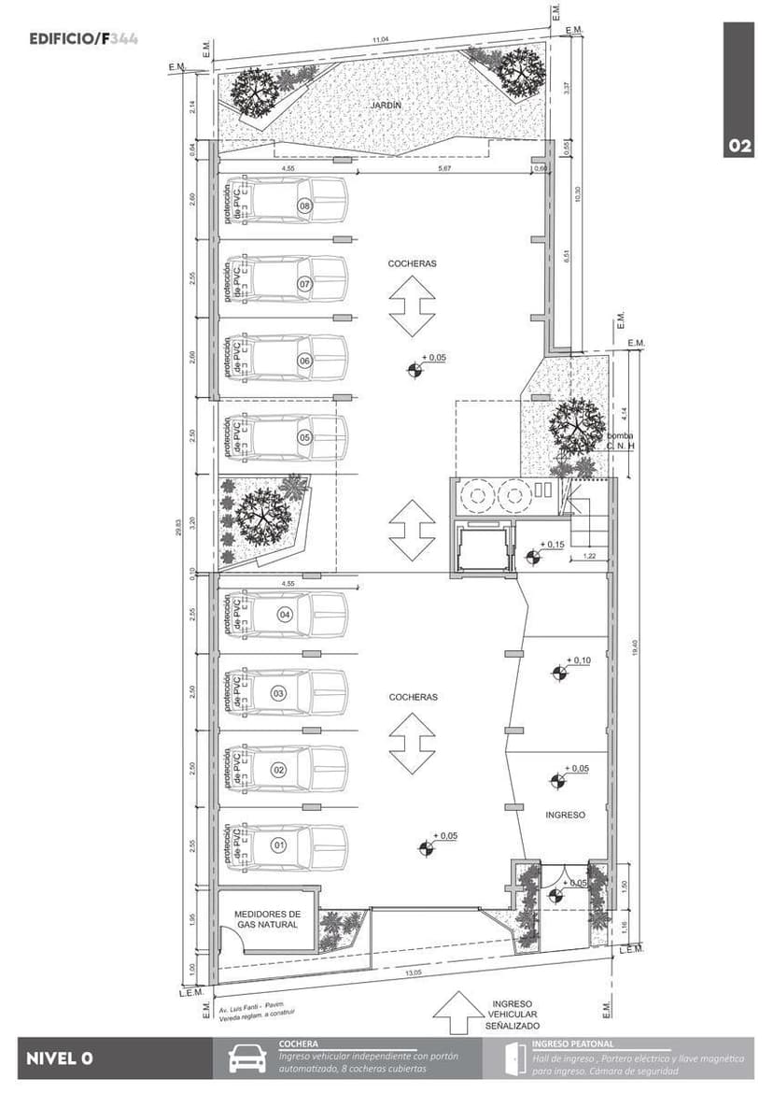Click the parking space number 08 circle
304,206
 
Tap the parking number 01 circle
278,845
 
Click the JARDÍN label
385,106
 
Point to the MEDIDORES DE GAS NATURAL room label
266,919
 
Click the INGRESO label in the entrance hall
565,815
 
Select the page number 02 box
739,146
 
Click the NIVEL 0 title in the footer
60,1058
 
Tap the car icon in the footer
247,1059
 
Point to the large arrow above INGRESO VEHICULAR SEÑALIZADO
455,1013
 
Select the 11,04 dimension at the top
380,40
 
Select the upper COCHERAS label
412,264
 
